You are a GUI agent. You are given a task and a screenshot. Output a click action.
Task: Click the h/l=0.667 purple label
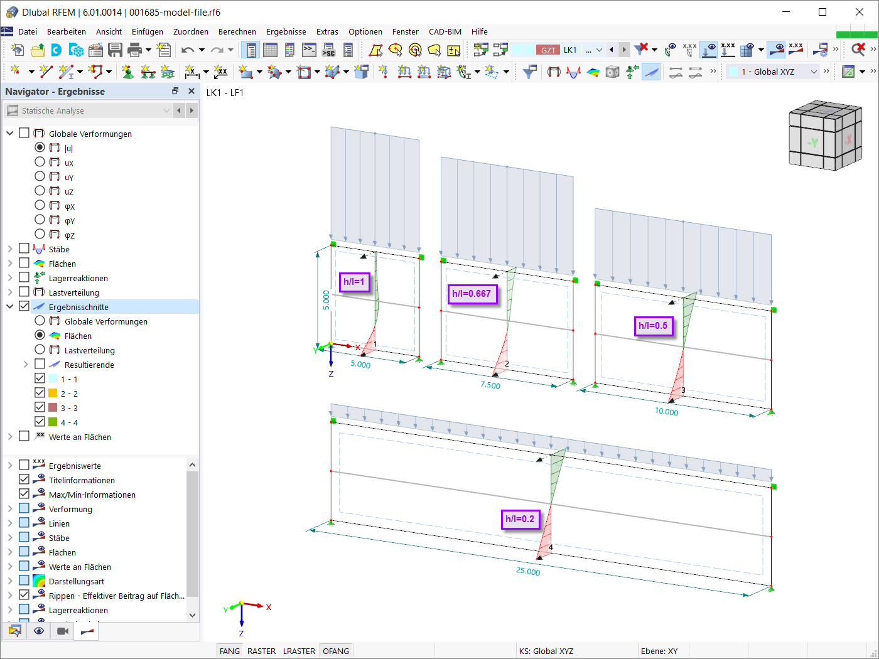click(x=472, y=294)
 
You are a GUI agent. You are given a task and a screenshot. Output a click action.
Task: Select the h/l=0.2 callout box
click(x=520, y=519)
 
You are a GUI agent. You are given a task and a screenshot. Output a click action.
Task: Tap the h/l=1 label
click(x=353, y=282)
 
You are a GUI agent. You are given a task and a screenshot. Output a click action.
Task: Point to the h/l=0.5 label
click(x=653, y=326)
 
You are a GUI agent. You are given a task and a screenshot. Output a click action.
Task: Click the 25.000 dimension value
click(x=528, y=571)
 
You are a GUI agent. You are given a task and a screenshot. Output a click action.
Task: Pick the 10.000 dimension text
click(x=667, y=412)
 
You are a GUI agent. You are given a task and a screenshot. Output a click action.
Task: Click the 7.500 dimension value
click(x=490, y=385)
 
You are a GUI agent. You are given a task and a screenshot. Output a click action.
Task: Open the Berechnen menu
click(x=237, y=31)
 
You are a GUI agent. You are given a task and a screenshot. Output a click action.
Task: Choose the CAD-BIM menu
click(x=445, y=31)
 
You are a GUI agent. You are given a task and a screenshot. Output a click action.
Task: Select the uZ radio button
click(x=40, y=191)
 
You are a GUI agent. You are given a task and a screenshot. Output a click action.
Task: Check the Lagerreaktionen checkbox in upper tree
click(x=24, y=277)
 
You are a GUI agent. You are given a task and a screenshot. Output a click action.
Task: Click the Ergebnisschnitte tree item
click(x=78, y=307)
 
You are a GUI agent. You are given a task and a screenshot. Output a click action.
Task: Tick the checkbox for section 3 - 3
click(x=40, y=407)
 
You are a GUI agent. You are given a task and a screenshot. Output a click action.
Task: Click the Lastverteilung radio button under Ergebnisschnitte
click(x=40, y=350)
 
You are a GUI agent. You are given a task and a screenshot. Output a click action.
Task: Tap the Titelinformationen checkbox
click(x=24, y=480)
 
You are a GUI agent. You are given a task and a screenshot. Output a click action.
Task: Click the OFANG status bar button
click(x=336, y=651)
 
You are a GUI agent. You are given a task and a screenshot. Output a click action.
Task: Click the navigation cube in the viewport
click(x=824, y=136)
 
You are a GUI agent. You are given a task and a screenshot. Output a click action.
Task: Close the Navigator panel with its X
click(x=191, y=91)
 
